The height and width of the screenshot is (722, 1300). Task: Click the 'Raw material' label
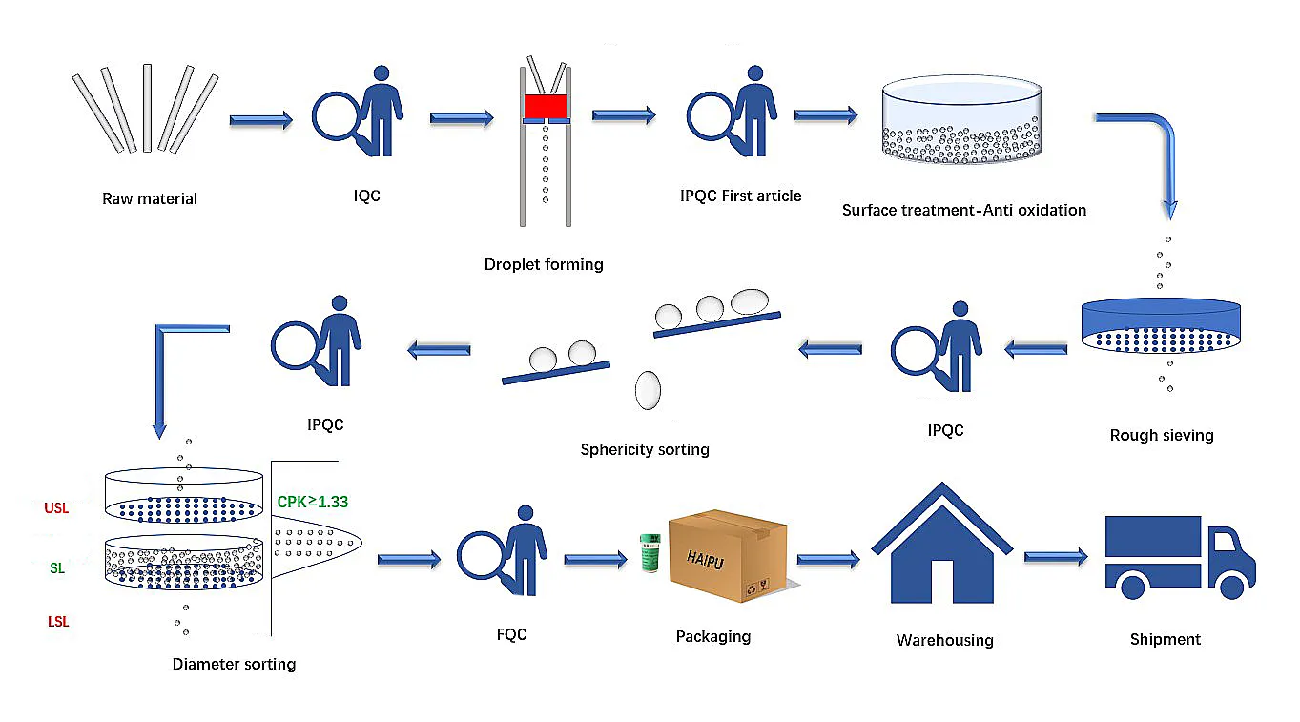[150, 199]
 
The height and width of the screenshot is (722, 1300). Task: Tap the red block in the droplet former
[546, 105]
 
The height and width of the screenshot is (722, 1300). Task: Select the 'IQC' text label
[366, 196]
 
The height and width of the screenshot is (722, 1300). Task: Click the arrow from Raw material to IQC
[260, 119]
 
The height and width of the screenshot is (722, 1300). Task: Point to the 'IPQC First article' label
[741, 196]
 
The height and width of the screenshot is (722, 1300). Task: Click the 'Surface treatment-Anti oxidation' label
[963, 210]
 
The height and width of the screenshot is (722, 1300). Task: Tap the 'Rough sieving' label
[1161, 436]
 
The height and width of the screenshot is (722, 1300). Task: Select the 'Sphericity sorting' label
[645, 449]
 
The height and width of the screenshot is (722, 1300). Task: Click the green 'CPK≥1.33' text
[313, 501]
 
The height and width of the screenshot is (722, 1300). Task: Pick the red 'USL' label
[56, 508]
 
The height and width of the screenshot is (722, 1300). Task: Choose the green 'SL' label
[57, 568]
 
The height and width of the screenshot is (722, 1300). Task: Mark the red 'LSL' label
[58, 622]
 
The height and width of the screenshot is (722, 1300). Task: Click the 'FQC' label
[511, 634]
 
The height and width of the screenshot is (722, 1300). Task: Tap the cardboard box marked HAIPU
[728, 558]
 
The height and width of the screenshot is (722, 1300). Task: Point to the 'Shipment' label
[1165, 639]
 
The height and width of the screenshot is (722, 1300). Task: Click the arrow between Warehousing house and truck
[1056, 555]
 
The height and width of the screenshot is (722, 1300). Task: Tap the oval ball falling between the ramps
[648, 389]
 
